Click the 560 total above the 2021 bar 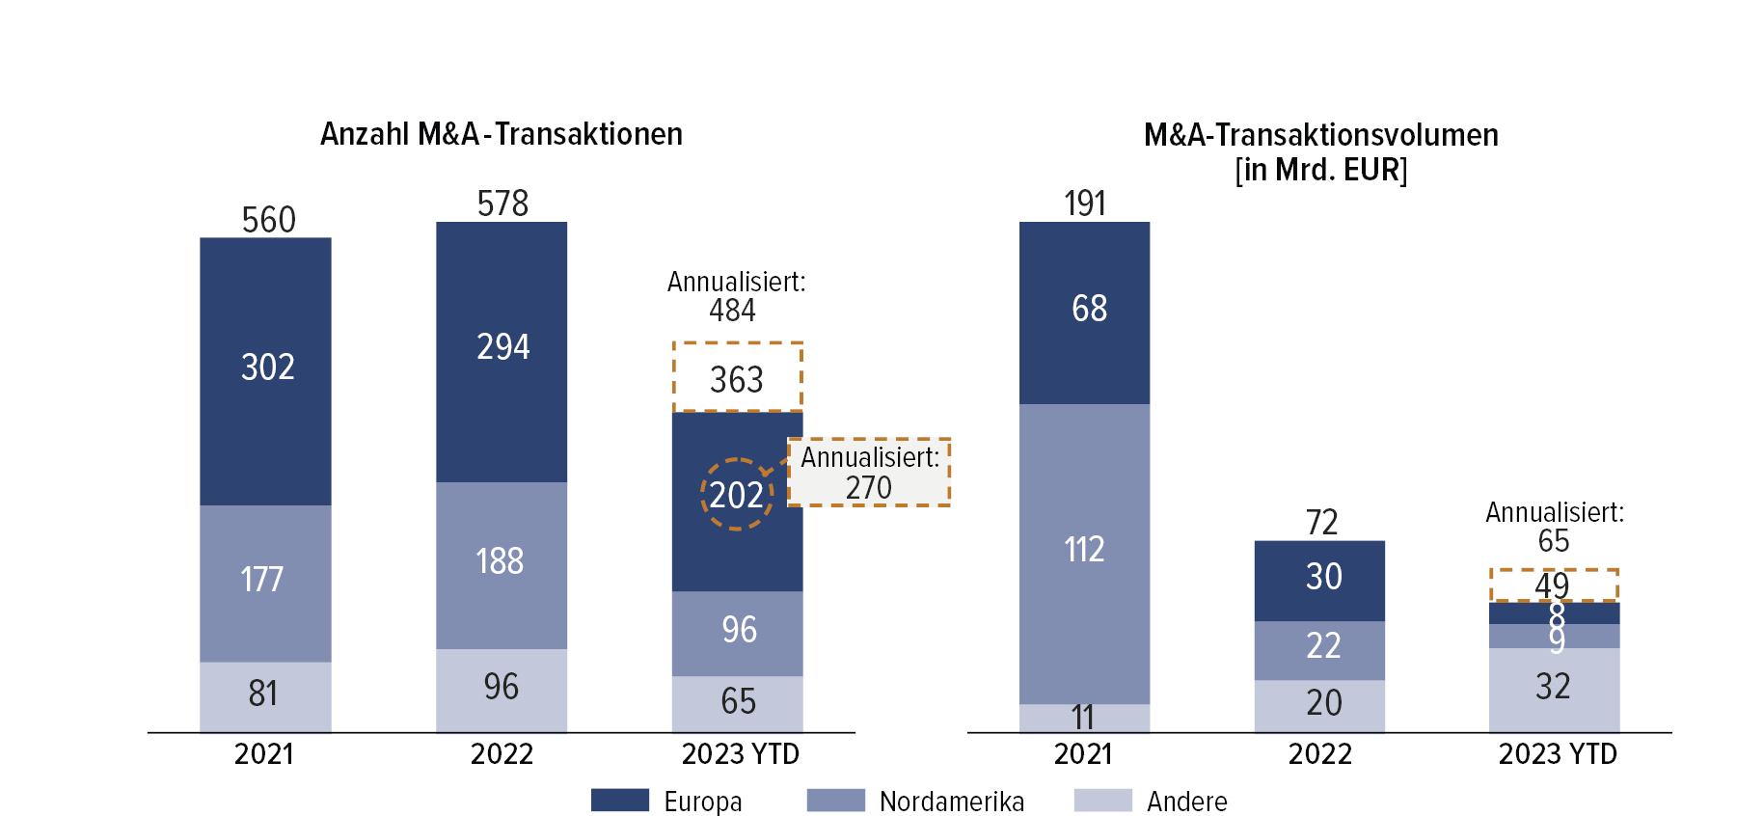268,220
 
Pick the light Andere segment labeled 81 264,694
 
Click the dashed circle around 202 736,494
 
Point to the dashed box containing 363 738,377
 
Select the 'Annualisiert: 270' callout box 869,472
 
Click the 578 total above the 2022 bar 502,204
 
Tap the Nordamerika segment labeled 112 1084,550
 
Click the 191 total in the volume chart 1085,204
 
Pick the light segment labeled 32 1553,688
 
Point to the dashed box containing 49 1554,585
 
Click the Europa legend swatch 619,800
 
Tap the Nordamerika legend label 951,802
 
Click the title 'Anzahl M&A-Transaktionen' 501,134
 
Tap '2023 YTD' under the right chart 1557,754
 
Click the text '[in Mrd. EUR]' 1320,170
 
